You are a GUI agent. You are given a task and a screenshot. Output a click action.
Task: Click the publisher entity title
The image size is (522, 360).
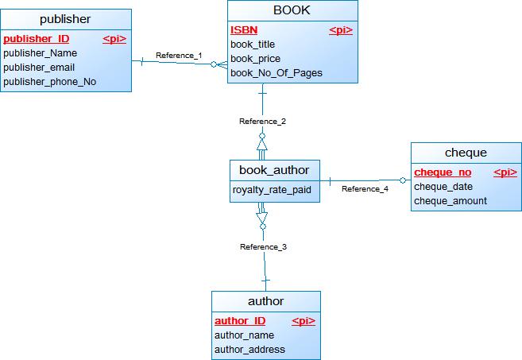click(x=65, y=19)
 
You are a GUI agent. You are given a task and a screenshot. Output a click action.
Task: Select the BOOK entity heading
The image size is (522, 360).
click(x=292, y=10)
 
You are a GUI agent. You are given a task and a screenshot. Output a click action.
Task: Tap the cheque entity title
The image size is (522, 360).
click(x=466, y=153)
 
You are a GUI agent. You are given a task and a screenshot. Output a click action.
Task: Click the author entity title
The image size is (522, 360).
click(x=265, y=301)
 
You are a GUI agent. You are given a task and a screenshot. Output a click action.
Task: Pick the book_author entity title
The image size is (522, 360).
click(x=274, y=169)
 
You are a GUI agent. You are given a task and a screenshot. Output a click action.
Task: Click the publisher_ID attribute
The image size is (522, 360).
click(x=36, y=39)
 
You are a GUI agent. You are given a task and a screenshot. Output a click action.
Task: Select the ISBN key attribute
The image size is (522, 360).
click(x=244, y=30)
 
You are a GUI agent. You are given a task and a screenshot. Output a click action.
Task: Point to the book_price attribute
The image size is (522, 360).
click(x=255, y=59)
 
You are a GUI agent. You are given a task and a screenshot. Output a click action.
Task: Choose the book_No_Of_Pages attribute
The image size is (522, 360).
click(x=276, y=73)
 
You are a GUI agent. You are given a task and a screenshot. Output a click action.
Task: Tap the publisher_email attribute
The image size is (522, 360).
click(x=39, y=68)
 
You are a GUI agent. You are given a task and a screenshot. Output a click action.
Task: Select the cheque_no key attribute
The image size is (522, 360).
click(x=443, y=172)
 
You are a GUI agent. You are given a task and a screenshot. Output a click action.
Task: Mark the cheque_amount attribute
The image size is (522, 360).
click(x=450, y=201)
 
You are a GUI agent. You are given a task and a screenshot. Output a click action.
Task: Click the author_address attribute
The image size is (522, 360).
click(x=249, y=350)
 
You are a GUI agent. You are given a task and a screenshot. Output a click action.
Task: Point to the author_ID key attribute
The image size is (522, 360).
click(x=240, y=321)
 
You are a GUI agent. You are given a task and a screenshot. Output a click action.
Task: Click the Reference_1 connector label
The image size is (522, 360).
click(x=179, y=56)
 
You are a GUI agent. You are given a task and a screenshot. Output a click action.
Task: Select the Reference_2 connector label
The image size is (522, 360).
click(x=262, y=122)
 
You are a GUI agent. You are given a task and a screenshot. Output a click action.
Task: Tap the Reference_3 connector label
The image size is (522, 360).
click(x=263, y=247)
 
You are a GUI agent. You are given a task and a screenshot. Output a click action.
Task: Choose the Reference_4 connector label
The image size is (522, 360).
click(x=365, y=189)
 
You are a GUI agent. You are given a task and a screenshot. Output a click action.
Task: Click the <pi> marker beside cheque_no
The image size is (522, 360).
click(x=505, y=172)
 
